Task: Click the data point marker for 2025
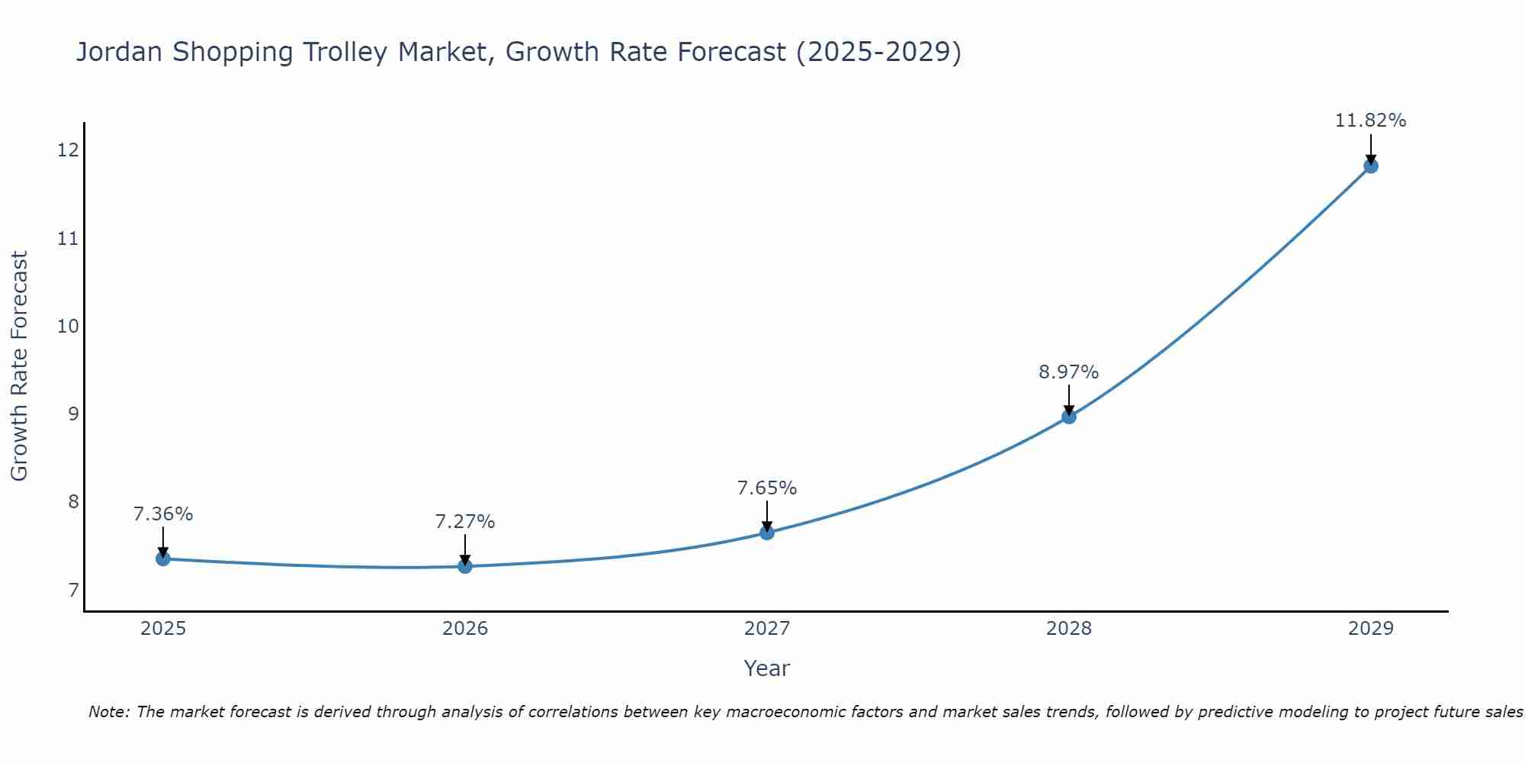[163, 559]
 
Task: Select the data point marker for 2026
[465, 566]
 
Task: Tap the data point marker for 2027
[767, 533]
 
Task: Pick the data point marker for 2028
[1069, 417]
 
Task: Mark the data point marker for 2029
[1370, 166]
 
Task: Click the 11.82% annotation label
[1370, 121]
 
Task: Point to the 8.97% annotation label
[1068, 372]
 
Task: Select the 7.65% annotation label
[766, 488]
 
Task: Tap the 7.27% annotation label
[464, 522]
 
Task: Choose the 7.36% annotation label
[163, 514]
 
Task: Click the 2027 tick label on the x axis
[767, 629]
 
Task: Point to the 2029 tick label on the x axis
[1370, 629]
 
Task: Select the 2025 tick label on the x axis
[163, 629]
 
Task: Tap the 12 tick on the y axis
[68, 150]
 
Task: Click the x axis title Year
[766, 668]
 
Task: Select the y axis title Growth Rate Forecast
[20, 366]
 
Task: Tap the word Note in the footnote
[109, 712]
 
